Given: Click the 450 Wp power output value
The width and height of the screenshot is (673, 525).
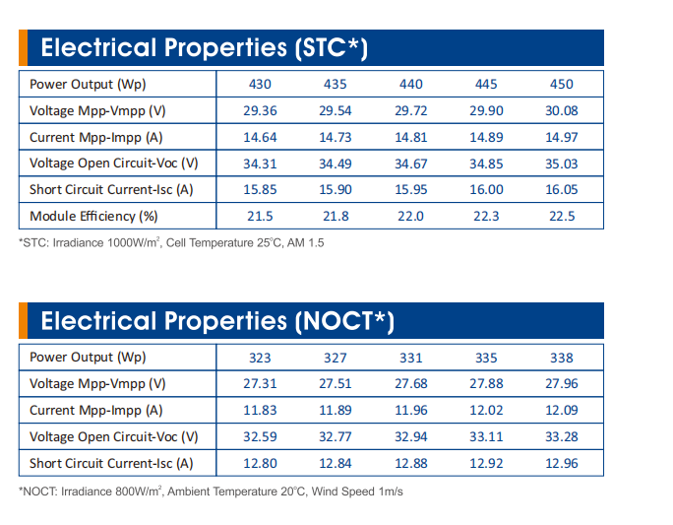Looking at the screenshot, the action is tap(562, 84).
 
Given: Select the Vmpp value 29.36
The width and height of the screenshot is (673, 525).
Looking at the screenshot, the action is tap(260, 111).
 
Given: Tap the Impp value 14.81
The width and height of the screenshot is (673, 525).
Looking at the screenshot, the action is tap(410, 138).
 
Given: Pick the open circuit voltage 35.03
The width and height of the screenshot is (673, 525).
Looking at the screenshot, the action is tap(562, 164).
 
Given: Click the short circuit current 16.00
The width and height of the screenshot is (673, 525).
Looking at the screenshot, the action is tap(486, 189).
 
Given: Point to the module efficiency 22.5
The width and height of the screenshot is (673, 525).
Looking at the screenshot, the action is tap(562, 216).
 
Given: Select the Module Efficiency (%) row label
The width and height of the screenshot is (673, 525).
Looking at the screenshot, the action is tap(93, 216).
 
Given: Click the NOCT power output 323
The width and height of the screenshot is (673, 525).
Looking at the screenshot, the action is tap(260, 358).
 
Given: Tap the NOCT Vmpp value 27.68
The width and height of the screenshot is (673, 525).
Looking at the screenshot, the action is tap(410, 384).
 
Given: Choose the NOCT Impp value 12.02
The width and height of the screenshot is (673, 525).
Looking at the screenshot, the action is tap(486, 411).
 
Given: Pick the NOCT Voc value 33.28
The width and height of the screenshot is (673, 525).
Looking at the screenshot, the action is tap(562, 437).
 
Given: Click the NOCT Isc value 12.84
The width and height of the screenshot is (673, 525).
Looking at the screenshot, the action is tap(336, 464).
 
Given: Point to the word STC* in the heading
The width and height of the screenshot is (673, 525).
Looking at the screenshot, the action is tap(330, 47).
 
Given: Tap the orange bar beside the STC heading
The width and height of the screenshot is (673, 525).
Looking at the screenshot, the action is tap(24, 47).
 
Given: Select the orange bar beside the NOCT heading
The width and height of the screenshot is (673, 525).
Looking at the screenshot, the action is tap(24, 320).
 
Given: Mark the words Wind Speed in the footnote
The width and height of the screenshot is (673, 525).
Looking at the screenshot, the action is tap(343, 492).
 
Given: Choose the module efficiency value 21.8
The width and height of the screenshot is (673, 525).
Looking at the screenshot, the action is tap(336, 216).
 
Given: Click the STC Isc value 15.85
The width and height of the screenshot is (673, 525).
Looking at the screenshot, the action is tap(260, 189).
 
